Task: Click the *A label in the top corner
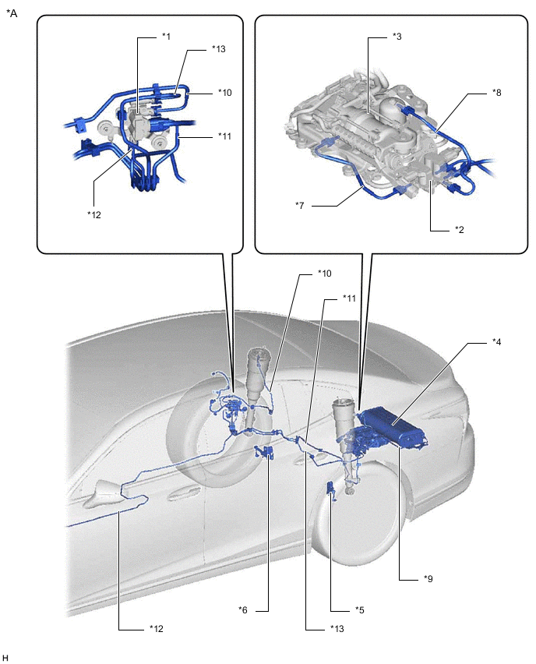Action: tap(12, 13)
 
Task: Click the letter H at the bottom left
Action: tap(5, 658)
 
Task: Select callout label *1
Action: tap(166, 37)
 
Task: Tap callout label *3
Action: tap(397, 37)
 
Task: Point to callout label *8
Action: tap(496, 92)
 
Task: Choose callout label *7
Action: tap(300, 206)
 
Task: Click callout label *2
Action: tap(460, 230)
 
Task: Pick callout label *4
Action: tap(496, 341)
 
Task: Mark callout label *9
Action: tap(428, 578)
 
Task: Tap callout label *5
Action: tap(359, 609)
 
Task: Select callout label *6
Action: tap(242, 609)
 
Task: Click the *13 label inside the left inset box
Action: tap(218, 49)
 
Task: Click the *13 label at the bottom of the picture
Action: tap(337, 629)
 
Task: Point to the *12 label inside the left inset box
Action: tap(94, 214)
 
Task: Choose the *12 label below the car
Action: tap(157, 629)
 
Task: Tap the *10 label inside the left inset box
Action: tap(225, 92)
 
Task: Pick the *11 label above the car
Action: tap(349, 298)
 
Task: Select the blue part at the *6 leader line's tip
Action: tap(264, 452)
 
